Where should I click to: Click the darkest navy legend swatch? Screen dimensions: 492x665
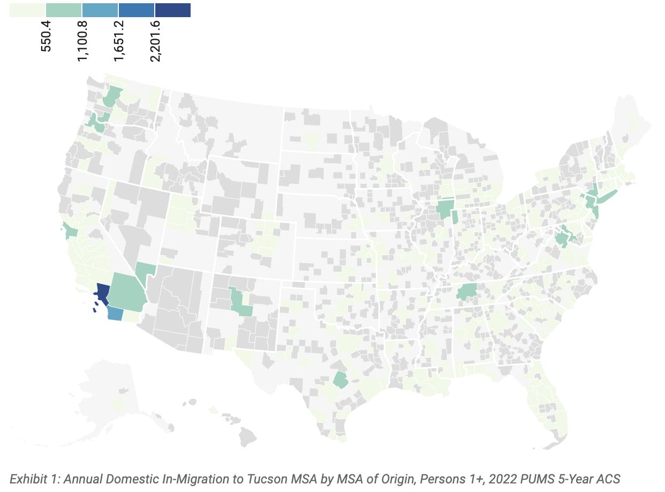tap(172, 10)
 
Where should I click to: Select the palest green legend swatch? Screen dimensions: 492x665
tap(27, 10)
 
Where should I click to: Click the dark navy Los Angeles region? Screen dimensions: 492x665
tap(102, 293)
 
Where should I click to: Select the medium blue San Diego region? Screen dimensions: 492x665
tap(114, 313)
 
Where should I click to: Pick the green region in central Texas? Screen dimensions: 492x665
tap(339, 380)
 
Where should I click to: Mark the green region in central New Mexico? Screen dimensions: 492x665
tap(240, 303)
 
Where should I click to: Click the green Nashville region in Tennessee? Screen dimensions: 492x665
tap(466, 292)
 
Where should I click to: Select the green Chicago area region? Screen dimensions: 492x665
tap(444, 209)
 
